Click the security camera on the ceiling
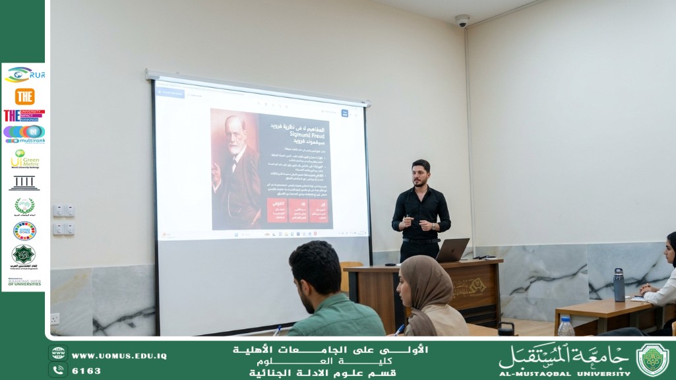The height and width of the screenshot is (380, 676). click(462, 21)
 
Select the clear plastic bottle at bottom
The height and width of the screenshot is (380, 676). click(565, 327)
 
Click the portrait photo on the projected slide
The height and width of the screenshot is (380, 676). click(235, 170)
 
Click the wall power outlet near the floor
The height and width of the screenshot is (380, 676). click(55, 319)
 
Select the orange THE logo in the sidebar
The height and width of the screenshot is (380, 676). click(24, 96)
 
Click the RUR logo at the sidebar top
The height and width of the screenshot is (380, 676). click(25, 75)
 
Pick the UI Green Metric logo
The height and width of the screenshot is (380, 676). click(25, 159)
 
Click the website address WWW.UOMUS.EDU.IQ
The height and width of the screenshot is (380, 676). click(119, 356)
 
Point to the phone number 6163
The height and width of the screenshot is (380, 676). click(86, 371)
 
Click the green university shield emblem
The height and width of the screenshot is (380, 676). click(652, 360)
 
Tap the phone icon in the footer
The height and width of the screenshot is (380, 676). click(58, 369)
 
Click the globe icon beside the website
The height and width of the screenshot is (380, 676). click(58, 354)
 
